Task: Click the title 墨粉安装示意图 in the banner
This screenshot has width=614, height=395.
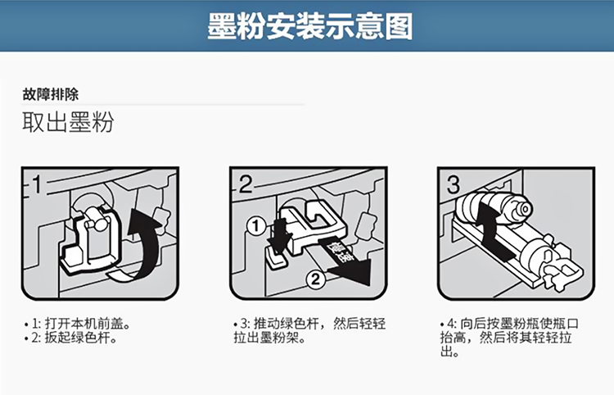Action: click(x=309, y=26)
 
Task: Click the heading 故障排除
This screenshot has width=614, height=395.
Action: click(x=51, y=94)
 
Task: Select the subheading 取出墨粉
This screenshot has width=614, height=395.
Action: click(x=68, y=122)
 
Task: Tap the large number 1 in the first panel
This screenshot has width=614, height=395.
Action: click(x=36, y=184)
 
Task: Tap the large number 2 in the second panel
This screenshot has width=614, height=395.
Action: click(x=245, y=184)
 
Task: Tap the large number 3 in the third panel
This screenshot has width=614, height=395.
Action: click(x=454, y=184)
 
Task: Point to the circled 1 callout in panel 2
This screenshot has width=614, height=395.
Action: click(x=256, y=226)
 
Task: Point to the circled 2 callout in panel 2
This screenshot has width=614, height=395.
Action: click(x=316, y=279)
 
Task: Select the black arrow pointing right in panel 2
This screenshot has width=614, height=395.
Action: click(x=345, y=261)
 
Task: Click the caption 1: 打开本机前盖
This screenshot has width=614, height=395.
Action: click(x=77, y=324)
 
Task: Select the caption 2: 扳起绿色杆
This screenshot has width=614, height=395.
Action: click(x=70, y=338)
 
